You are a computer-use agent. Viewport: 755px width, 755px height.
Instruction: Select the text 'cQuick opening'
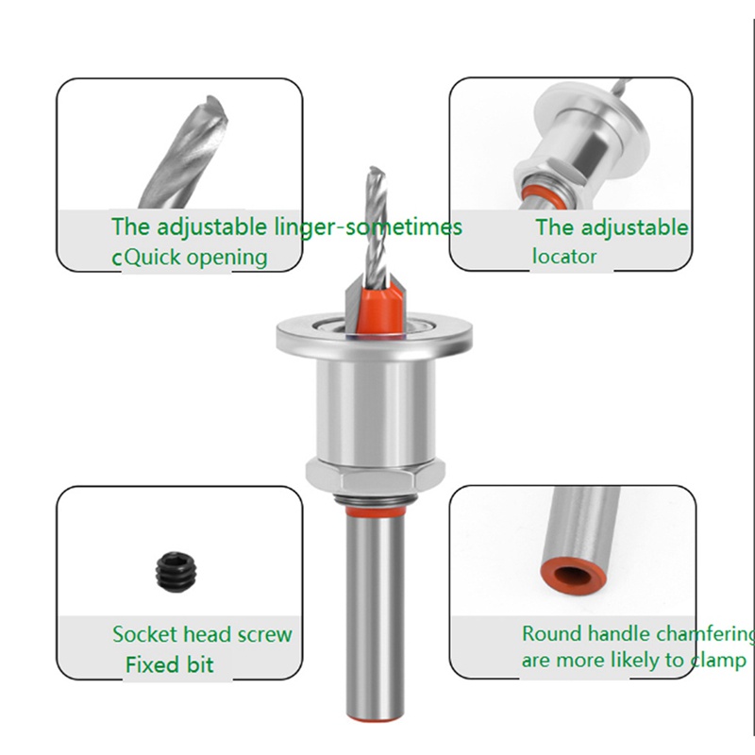(x=190, y=257)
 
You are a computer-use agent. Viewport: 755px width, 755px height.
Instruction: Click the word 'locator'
(x=564, y=256)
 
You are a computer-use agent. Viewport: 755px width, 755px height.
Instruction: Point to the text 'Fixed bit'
(x=170, y=664)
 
